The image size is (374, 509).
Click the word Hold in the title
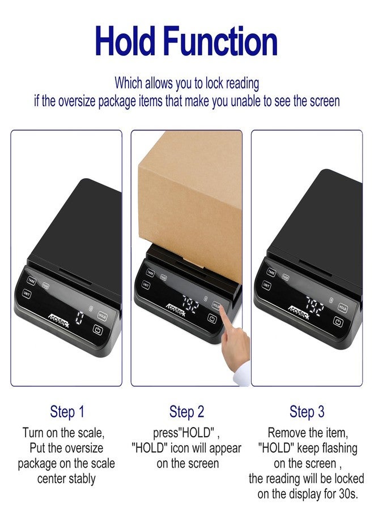(x=125, y=41)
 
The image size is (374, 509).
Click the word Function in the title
(x=220, y=41)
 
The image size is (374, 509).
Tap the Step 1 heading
(x=67, y=412)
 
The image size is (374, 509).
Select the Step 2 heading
(x=186, y=412)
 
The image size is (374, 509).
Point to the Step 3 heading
(x=307, y=412)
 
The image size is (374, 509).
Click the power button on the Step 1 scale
(x=98, y=330)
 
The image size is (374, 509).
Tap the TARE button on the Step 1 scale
(x=31, y=281)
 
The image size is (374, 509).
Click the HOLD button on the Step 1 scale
(x=102, y=316)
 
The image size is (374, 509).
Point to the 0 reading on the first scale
(x=79, y=318)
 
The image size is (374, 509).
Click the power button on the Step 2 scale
(x=212, y=318)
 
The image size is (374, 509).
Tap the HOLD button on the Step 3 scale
(x=342, y=308)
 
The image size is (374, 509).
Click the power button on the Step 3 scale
(x=338, y=322)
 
